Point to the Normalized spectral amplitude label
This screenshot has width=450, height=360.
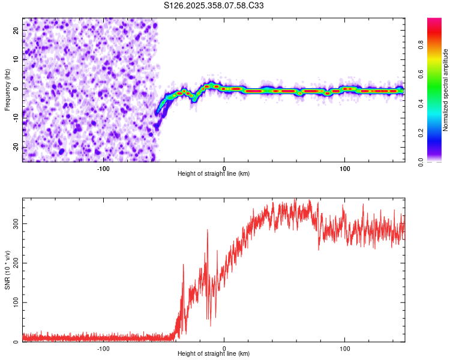tap(445, 89)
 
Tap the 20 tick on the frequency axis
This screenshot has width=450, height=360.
tap(16, 29)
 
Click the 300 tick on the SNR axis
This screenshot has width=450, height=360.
tap(14, 223)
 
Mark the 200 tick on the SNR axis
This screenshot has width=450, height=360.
tap(14, 263)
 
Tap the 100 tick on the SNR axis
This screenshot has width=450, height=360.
tap(14, 302)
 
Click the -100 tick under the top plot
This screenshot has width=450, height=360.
tap(103, 167)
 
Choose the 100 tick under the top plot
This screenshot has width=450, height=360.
tap(345, 167)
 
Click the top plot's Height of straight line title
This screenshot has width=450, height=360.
tap(214, 174)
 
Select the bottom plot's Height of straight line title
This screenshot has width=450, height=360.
tap(214, 354)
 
